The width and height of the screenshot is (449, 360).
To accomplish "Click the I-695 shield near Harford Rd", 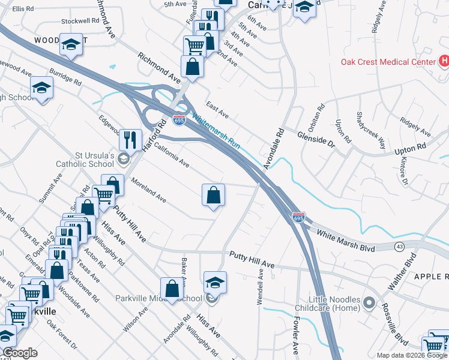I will coord(179,120).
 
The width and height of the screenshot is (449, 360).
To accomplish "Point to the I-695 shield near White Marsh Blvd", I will coord(298,216).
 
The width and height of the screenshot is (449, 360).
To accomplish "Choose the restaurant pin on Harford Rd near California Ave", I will coord(130,140).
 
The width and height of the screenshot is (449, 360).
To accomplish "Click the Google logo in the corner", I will coord(20,353).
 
